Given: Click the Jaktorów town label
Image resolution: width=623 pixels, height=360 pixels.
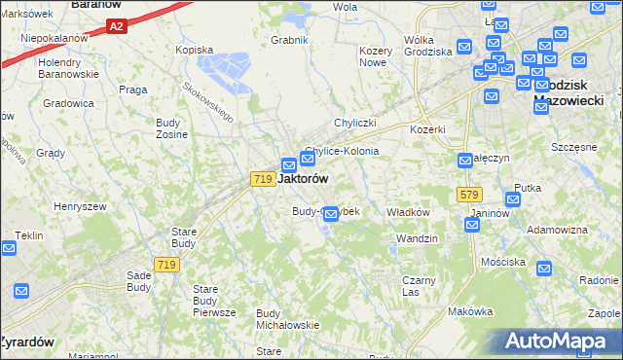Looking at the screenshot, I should [303, 179].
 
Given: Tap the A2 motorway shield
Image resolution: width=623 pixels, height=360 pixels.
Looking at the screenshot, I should [116, 26].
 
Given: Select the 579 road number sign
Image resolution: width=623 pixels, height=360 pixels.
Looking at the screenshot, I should [469, 195].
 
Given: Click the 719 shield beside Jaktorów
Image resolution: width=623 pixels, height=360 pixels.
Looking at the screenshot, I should [261, 179].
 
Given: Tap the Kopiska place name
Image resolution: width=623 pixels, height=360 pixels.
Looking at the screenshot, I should [193, 49].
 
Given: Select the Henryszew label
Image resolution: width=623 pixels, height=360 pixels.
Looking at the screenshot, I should [79, 206].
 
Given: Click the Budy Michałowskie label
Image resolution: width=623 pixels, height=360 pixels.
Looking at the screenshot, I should [287, 319].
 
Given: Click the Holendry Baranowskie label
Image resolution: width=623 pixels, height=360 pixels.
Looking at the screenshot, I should [68, 67].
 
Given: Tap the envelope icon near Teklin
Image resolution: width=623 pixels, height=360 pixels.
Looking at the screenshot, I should [9, 248].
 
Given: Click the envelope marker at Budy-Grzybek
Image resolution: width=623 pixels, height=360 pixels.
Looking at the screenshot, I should [330, 213].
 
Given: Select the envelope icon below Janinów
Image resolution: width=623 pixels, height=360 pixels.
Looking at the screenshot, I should [472, 225].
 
